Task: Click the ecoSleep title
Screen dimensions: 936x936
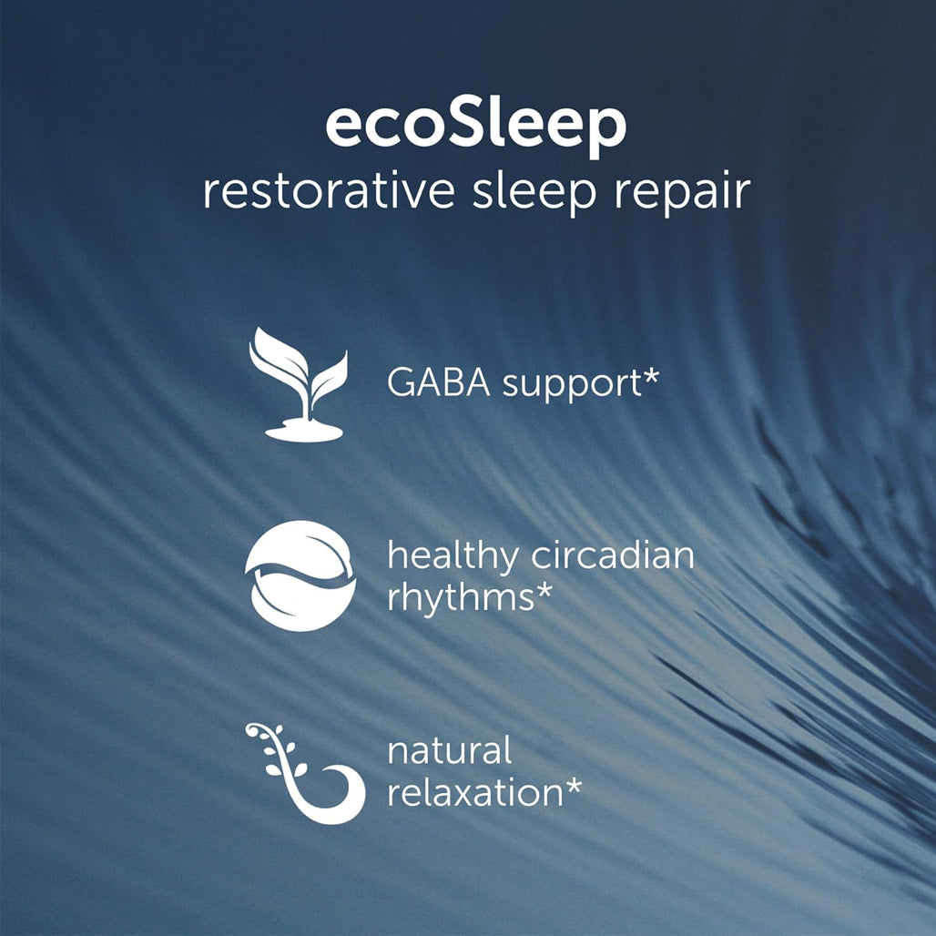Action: tap(476, 127)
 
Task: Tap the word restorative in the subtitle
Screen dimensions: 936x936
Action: tap(329, 191)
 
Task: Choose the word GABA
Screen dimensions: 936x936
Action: tap(439, 382)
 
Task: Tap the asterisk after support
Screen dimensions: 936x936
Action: tap(651, 375)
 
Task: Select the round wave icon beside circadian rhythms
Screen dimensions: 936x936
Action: tap(300, 576)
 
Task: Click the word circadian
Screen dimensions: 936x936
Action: tap(613, 554)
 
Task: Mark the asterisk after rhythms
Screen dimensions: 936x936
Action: tap(544, 590)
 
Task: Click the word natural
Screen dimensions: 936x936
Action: tap(450, 751)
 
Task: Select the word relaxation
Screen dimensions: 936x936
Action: tap(475, 793)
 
